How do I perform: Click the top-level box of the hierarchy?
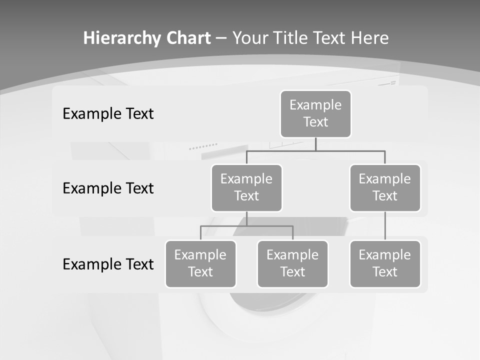(x=315, y=113)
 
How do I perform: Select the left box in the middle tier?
(x=246, y=187)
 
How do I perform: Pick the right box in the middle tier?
(x=385, y=187)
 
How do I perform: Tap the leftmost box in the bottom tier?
(x=200, y=263)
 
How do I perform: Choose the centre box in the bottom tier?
(x=292, y=263)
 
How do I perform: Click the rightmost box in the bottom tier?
(x=385, y=263)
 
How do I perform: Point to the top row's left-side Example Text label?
(x=108, y=114)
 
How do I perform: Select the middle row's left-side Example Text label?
(x=108, y=188)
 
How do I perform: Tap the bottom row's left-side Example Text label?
(x=108, y=264)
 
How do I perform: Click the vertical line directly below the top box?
(x=315, y=144)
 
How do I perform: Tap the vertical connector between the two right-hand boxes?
(x=385, y=226)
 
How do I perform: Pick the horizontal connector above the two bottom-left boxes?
(x=246, y=226)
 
